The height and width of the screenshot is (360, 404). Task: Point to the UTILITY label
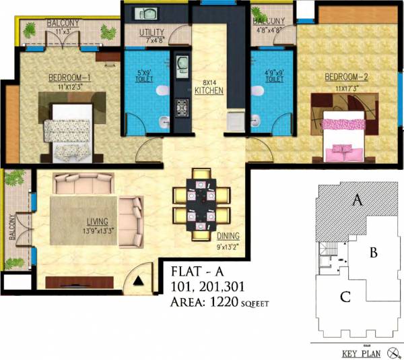coord(151,33)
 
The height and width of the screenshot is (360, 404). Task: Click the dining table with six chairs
coord(199,205)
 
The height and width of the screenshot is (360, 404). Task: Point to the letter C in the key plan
coord(345,296)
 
